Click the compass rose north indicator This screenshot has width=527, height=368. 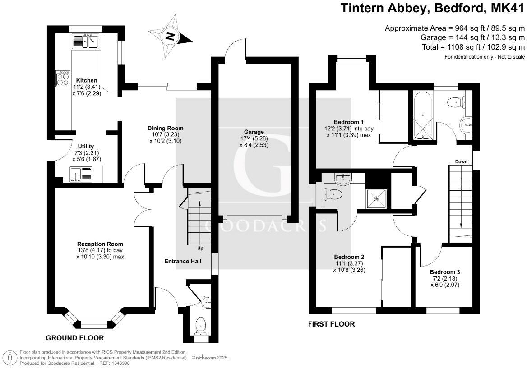170,36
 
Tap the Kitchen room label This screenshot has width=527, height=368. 87,80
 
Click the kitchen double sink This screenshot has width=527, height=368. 86,41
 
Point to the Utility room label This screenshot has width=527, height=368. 86,146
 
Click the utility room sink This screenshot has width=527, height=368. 81,174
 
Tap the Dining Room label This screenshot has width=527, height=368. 166,128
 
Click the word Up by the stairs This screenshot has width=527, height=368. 200,248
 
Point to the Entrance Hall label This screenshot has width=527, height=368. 183,261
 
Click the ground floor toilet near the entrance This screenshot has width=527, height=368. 200,326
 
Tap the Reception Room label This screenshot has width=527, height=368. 100,244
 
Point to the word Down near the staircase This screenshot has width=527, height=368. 461,161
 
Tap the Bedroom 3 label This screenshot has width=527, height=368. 445,272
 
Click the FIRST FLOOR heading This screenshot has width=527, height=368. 331,324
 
